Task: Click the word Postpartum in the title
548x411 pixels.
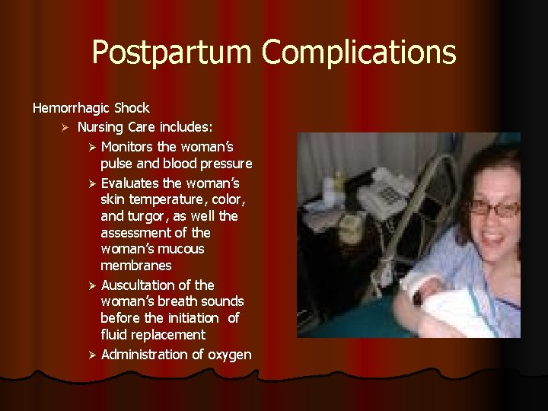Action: point(173,53)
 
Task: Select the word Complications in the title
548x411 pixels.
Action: point(359,53)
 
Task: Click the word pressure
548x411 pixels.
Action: point(225,164)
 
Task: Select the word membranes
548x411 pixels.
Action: point(135,266)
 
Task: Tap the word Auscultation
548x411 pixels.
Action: point(137,285)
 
